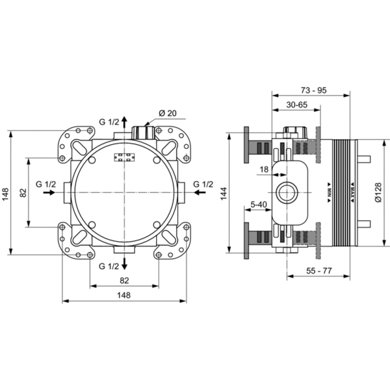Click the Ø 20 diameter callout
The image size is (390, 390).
click(168, 113)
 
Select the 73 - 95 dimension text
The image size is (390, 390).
click(313, 90)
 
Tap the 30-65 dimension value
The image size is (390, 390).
click(297, 105)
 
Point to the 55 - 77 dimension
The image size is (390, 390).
click(319, 270)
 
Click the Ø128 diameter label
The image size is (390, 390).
click(378, 192)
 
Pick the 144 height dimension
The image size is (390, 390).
click(224, 193)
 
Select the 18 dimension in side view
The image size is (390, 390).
click(264, 170)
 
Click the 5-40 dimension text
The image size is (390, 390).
click(259, 205)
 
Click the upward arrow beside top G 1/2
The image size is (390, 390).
click(124, 122)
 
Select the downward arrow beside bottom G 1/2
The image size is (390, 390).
click(124, 263)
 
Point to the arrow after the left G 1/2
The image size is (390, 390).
click(49, 192)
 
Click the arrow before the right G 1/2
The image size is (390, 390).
click(200, 192)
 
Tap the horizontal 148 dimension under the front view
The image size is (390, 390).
click(124, 295)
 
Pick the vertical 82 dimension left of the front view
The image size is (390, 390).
click(23, 192)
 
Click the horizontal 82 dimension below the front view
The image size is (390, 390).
click(124, 281)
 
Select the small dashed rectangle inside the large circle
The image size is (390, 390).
click(125, 157)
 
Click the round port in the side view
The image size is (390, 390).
click(287, 192)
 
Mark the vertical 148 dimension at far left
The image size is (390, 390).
click(5, 193)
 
